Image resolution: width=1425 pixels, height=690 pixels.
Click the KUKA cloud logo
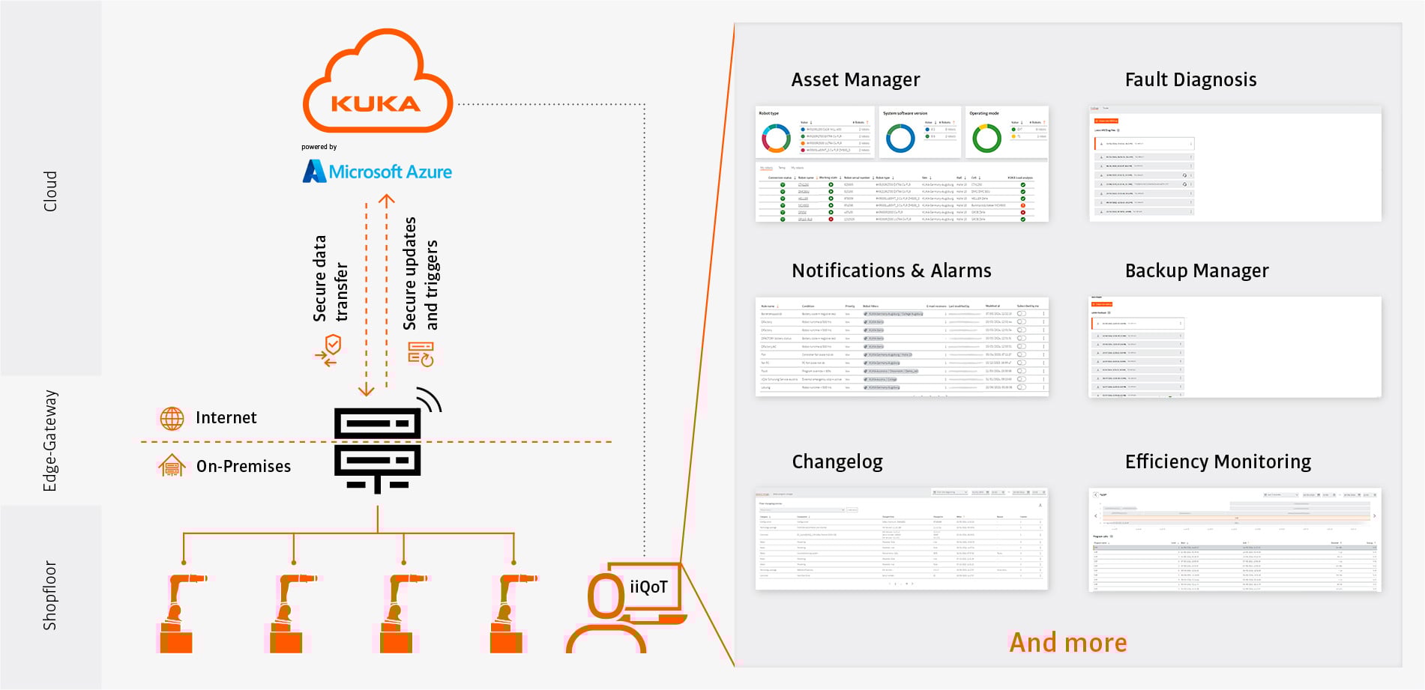point(377,84)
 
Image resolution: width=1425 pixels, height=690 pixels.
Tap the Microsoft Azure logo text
point(377,172)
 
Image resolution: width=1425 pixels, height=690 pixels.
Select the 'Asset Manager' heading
point(855,79)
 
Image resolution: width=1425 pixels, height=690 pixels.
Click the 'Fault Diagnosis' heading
point(1190,79)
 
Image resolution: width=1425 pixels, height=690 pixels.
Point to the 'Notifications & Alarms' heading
point(891,270)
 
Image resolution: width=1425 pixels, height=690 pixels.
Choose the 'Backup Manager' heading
point(1196,270)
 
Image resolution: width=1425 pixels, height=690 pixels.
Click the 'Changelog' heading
point(837,461)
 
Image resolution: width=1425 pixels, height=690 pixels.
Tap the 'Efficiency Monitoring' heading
point(1218,461)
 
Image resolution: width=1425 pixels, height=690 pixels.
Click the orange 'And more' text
point(1068,643)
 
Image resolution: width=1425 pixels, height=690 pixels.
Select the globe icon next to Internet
point(172,418)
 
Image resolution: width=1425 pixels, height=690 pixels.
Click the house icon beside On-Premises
point(172,466)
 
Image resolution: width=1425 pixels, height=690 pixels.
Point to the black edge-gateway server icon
point(377,448)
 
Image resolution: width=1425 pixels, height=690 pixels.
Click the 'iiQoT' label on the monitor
point(648,587)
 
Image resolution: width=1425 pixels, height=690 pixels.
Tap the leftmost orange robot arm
point(178,613)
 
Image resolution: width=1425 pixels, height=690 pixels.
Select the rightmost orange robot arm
point(509,613)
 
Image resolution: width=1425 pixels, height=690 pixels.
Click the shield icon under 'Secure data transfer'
point(333,345)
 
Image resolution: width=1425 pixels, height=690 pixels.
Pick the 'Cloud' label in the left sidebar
point(50,191)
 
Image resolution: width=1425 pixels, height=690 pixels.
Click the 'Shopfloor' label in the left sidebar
point(50,596)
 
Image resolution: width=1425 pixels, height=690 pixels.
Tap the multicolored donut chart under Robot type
point(776,139)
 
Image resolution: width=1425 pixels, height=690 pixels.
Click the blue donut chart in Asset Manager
point(900,139)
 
